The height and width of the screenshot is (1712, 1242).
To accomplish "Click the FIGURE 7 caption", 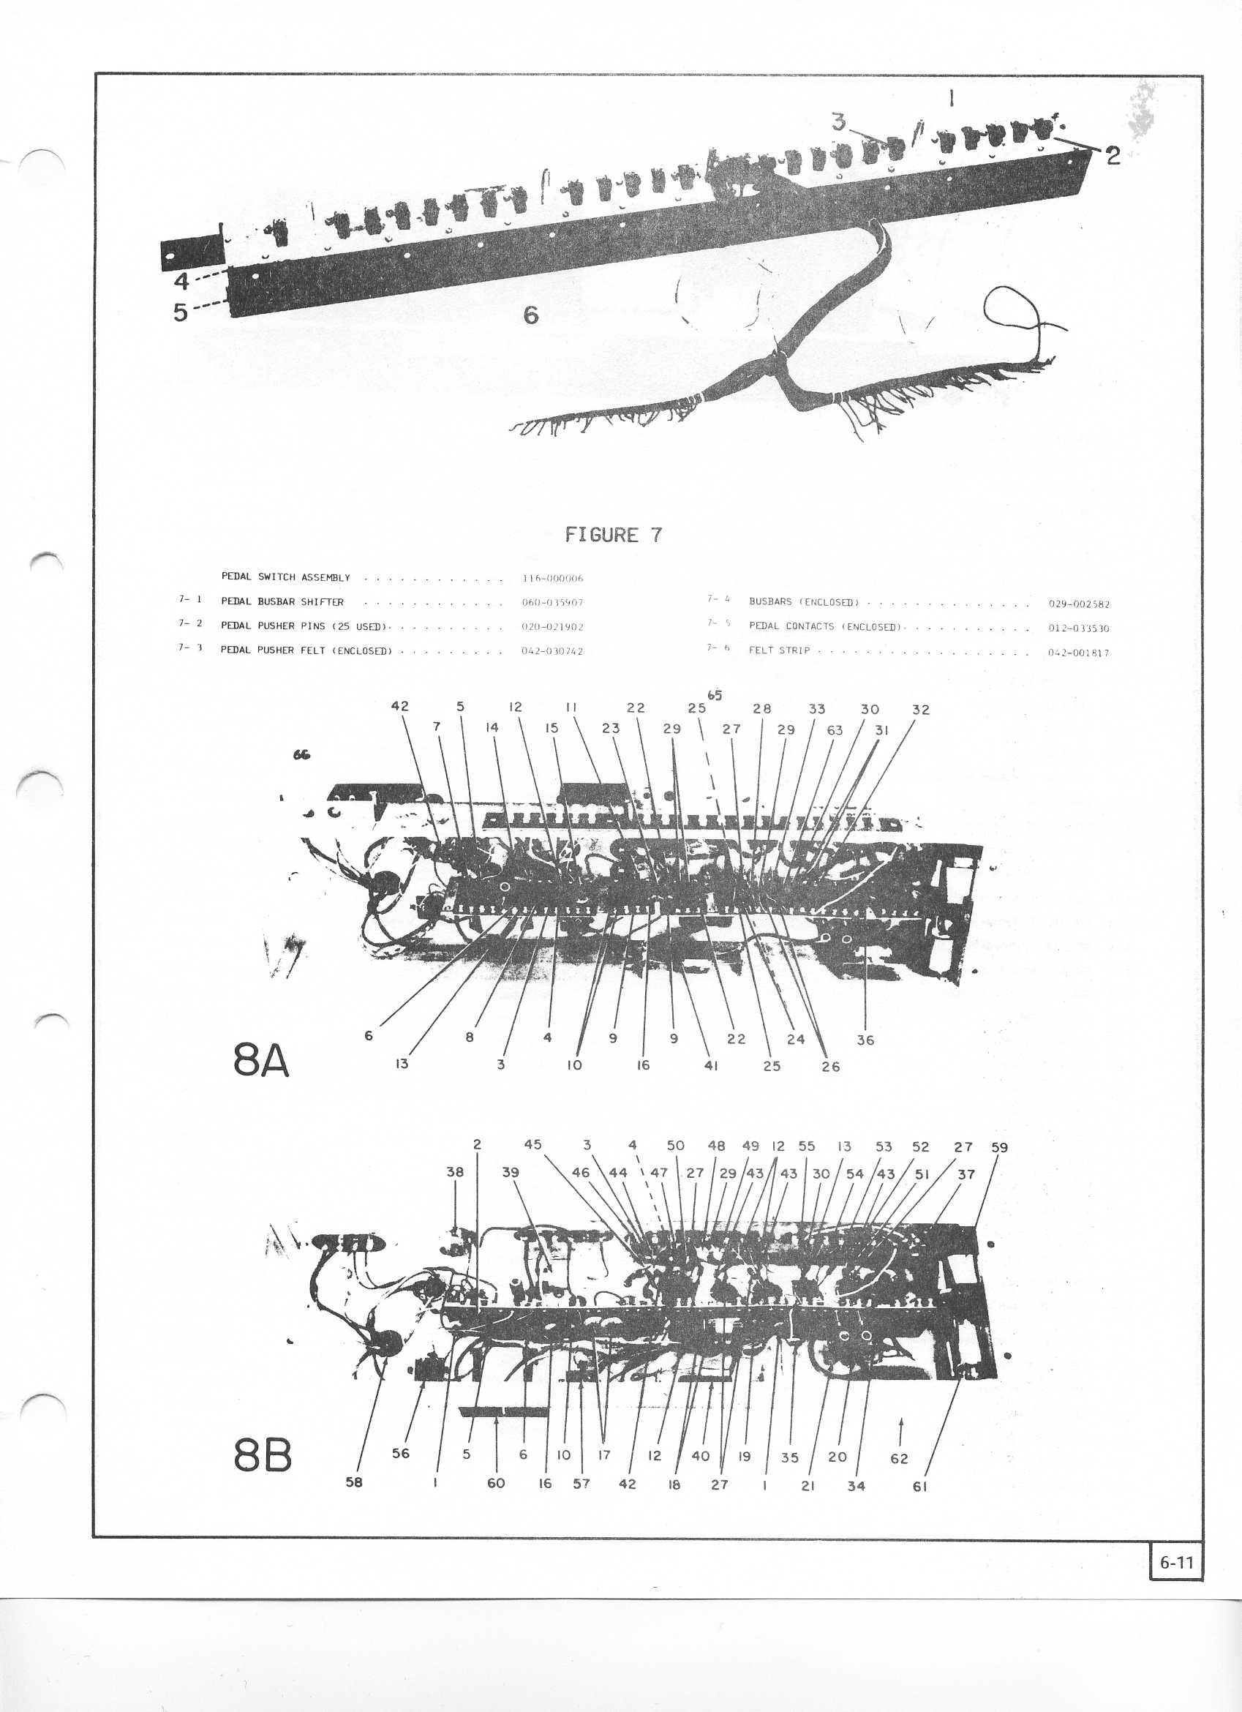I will pyautogui.click(x=614, y=536).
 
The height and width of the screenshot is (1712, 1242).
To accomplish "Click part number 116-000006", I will pyautogui.click(x=552, y=579).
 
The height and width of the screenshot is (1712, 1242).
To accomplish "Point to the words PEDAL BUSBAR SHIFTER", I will pyautogui.click(x=282, y=602).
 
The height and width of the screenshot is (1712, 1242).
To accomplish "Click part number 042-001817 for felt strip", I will pyautogui.click(x=1078, y=653).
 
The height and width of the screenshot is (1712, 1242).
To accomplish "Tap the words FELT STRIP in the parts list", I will pyautogui.click(x=779, y=650).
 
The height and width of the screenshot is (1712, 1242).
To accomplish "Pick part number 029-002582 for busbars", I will pyautogui.click(x=1079, y=604).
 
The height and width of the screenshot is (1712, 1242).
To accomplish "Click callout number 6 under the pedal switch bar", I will pyautogui.click(x=531, y=315).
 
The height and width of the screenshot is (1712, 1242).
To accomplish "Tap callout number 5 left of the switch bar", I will pyautogui.click(x=181, y=312).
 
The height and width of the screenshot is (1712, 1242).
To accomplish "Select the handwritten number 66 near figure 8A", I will pyautogui.click(x=302, y=754).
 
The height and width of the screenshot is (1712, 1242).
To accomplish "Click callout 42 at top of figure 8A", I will pyautogui.click(x=400, y=707).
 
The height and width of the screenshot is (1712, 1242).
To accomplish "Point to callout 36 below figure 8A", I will pyautogui.click(x=865, y=1040).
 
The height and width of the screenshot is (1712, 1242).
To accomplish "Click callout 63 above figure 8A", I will pyautogui.click(x=835, y=730).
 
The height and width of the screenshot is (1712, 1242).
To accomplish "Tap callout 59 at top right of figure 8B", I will pyautogui.click(x=999, y=1147).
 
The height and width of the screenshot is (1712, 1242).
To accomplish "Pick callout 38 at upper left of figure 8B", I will pyautogui.click(x=455, y=1172).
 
